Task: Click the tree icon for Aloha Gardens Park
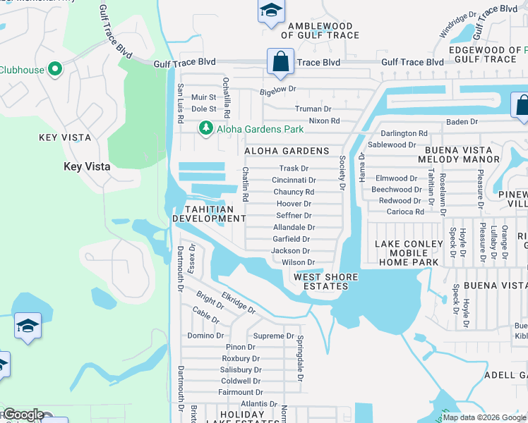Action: point(205,128)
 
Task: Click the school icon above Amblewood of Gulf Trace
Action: point(270,11)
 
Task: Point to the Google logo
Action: point(23,415)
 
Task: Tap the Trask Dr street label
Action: point(294,168)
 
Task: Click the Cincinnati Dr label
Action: point(294,180)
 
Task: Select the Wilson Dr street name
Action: point(298,262)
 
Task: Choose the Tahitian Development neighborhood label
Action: point(208,214)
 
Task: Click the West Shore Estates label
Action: point(325,281)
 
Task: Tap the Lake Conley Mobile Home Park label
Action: point(407,253)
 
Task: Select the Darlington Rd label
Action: point(404,133)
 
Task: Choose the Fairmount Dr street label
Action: point(240,392)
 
